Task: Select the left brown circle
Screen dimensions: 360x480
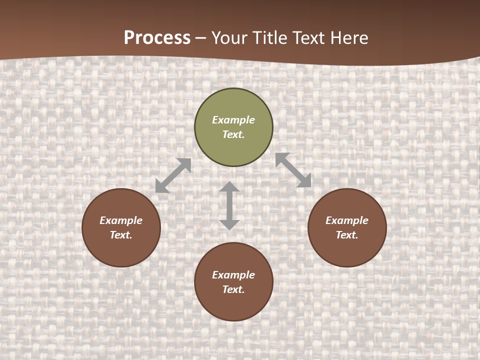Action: point(121,250)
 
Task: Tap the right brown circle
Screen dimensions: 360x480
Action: point(347,250)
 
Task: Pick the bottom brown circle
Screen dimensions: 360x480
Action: point(233,305)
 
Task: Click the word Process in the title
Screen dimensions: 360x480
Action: point(157,38)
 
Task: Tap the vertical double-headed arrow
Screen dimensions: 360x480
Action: point(229,205)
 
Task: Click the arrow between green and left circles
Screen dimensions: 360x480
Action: point(173,175)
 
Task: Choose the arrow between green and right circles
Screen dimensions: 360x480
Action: point(293,170)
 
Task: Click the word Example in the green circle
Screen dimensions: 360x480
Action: point(233,120)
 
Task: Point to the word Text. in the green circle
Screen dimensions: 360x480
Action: point(233,134)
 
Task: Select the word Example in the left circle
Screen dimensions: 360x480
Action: point(121,220)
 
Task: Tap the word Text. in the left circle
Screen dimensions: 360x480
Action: point(121,235)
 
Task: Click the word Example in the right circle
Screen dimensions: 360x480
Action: point(347,220)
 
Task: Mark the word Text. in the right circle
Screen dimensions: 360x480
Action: point(347,235)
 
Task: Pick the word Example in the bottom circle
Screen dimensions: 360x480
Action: point(233,275)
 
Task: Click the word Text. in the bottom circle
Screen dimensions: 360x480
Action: point(233,289)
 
